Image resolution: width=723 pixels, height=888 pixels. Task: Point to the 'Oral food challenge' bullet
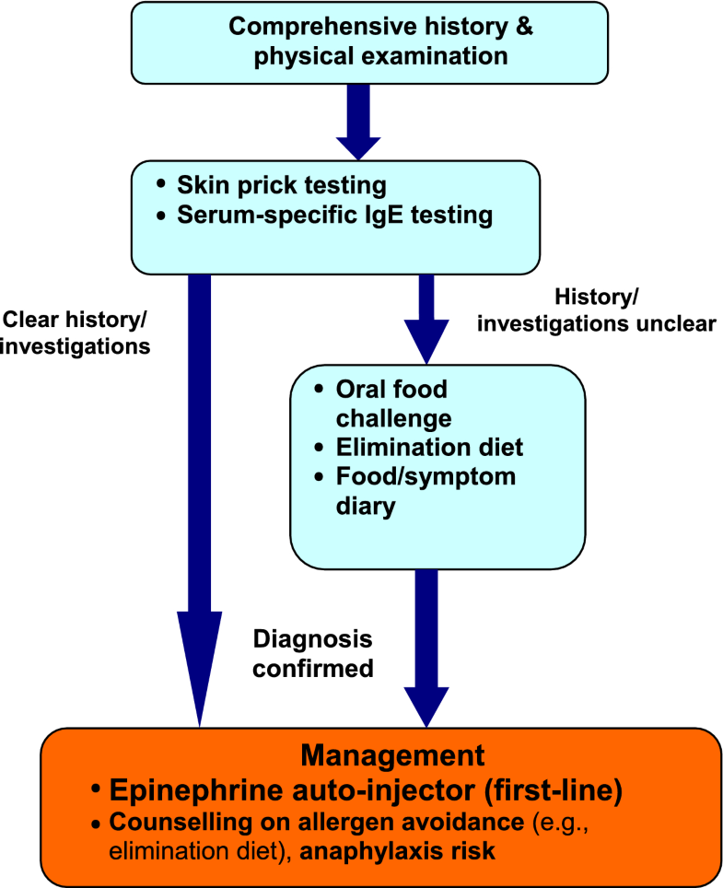coord(391,403)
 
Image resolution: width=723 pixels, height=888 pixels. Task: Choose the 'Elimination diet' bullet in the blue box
coord(428,448)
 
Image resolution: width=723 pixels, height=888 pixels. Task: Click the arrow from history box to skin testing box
coord(357,118)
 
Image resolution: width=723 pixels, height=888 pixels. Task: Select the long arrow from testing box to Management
coord(199,497)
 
